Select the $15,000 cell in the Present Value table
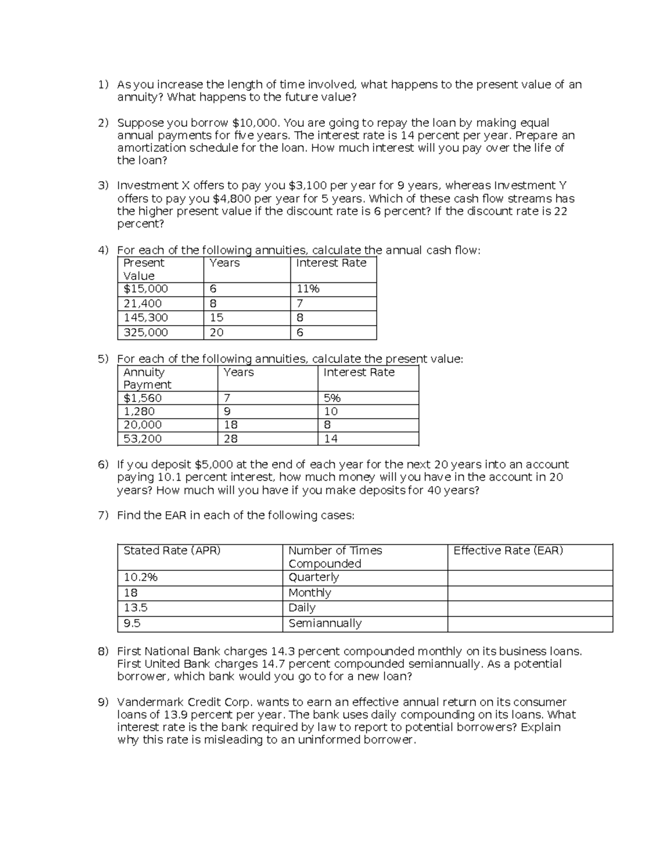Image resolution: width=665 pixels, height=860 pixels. pyautogui.click(x=146, y=289)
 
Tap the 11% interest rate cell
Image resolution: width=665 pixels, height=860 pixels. pyautogui.click(x=308, y=289)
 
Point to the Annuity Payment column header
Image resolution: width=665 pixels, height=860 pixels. pyautogui.click(x=147, y=378)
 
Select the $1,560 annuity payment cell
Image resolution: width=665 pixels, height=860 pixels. pyautogui.click(x=142, y=398)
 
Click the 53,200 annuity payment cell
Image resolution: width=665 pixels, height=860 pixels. pyautogui.click(x=142, y=439)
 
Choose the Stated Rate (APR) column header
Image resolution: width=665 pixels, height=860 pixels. pyautogui.click(x=172, y=550)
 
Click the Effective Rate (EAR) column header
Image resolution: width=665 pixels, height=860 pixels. pyautogui.click(x=508, y=550)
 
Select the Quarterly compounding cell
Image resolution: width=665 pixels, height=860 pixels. pyautogui.click(x=314, y=578)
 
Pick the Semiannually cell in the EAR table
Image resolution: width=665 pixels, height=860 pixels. pyautogui.click(x=325, y=624)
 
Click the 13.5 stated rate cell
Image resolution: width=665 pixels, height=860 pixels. pyautogui.click(x=135, y=608)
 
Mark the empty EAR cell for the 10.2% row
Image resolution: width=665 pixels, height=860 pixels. pyautogui.click(x=530, y=578)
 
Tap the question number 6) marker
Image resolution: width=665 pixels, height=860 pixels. pyautogui.click(x=103, y=465)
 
